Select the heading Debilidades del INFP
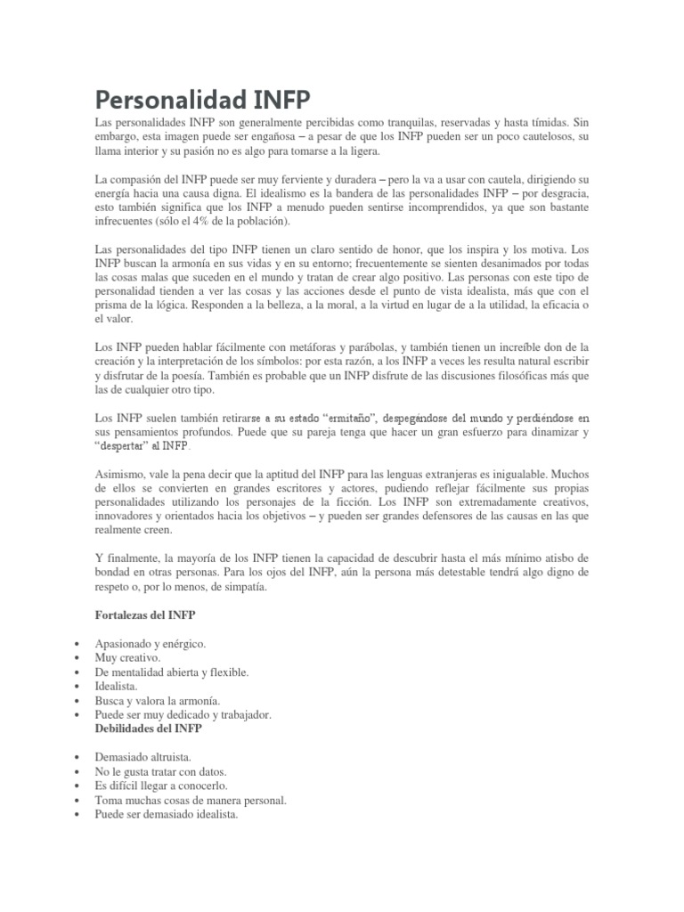(x=149, y=728)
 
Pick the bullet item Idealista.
(x=118, y=686)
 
